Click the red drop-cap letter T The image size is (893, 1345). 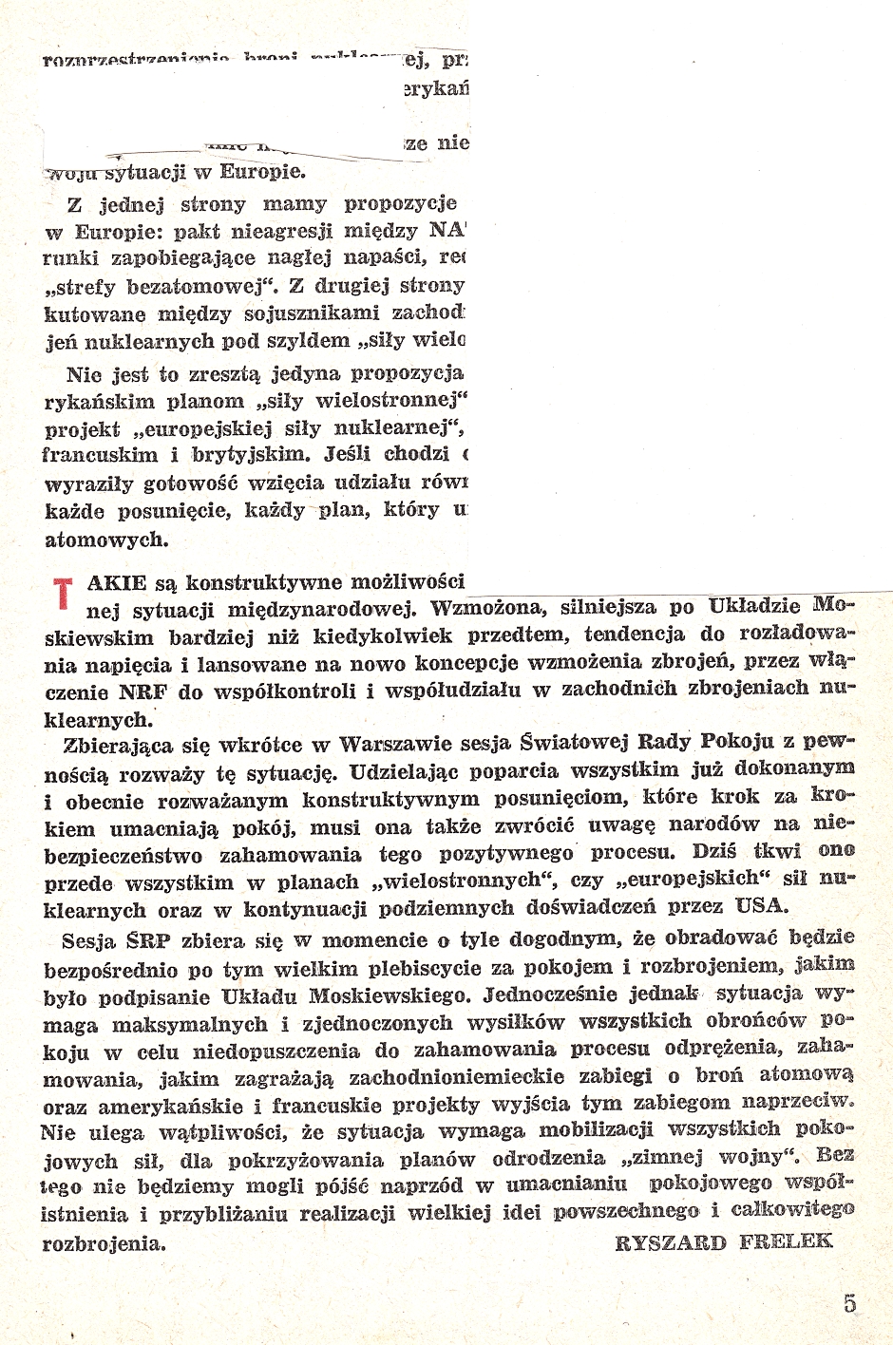coord(63,593)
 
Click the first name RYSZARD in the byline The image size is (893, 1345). coord(671,1242)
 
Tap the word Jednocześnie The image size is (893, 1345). coord(545,995)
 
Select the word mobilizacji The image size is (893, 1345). coord(598,1129)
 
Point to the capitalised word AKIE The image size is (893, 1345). coord(116,582)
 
